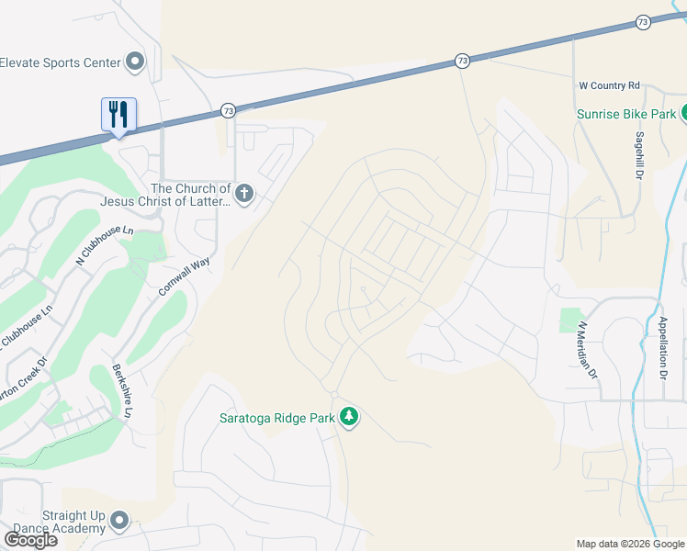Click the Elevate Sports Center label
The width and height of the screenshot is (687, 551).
(x=61, y=62)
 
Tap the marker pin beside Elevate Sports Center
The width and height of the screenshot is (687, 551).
(x=135, y=62)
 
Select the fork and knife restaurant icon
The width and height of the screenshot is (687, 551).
(x=118, y=115)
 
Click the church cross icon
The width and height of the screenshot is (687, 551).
(x=243, y=193)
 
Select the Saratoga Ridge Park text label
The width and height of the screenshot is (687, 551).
(x=276, y=418)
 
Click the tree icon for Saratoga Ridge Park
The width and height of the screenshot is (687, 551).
(x=349, y=418)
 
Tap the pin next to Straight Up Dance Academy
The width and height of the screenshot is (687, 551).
(x=118, y=522)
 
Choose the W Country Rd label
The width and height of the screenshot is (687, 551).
(x=609, y=85)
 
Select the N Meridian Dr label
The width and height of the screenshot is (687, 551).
(x=587, y=350)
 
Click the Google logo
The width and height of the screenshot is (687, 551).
(x=30, y=540)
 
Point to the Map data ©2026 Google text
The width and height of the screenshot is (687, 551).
(x=630, y=544)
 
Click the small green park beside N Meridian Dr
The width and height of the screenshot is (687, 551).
(x=570, y=320)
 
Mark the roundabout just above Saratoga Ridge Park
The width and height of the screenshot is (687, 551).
(x=334, y=395)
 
